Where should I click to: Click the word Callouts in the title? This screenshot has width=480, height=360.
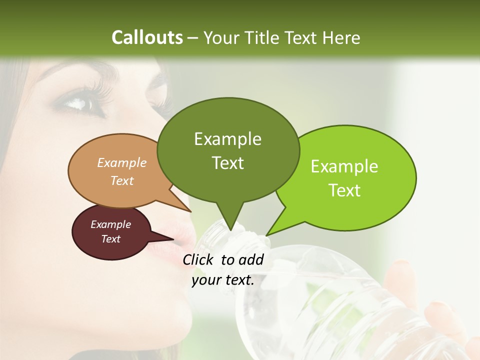pos(147,37)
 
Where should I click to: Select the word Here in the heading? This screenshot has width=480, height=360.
pos(341,37)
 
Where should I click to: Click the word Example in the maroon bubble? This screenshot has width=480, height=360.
pos(110,224)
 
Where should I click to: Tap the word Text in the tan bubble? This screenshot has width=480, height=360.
pos(122,180)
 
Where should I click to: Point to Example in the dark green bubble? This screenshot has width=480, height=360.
pos(227,139)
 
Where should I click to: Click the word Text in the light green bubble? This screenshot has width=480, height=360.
pos(344,190)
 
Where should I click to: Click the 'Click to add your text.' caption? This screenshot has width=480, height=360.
pos(223,269)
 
